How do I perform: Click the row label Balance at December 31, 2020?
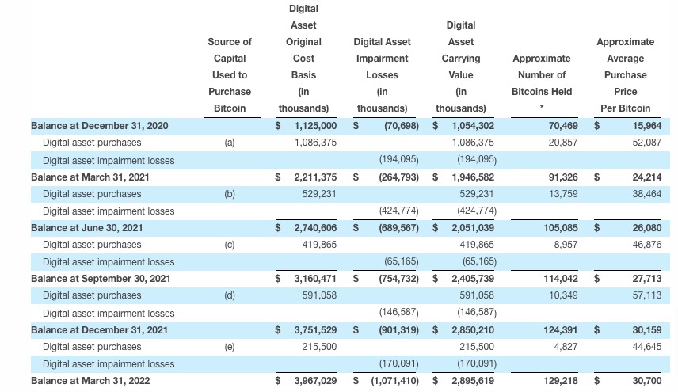[100, 126]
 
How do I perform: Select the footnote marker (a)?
[230, 143]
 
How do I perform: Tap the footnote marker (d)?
[230, 295]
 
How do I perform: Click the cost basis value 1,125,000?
[315, 126]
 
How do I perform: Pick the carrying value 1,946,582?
[473, 177]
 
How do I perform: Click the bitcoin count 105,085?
[561, 228]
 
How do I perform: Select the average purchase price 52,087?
[646, 143]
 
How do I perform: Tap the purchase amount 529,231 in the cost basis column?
[319, 194]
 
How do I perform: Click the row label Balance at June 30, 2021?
[87, 228]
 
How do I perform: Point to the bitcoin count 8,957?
[566, 245]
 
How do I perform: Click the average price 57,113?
[646, 295]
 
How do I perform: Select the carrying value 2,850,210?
[473, 330]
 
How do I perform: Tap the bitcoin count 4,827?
[566, 347]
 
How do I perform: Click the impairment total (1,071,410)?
[394, 381]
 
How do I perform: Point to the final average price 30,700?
[646, 381]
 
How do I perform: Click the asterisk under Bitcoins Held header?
[541, 106]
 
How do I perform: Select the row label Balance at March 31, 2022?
[90, 381]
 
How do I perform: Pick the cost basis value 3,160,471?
[315, 279]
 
